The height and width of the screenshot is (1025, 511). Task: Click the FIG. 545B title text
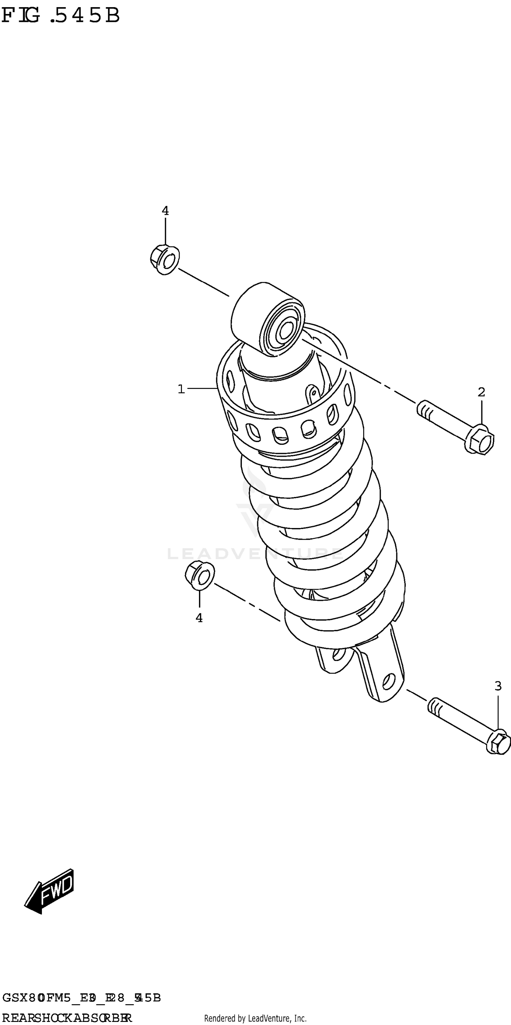[x=60, y=16]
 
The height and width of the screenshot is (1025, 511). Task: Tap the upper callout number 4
[x=165, y=211]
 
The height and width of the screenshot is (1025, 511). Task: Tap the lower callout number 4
[x=199, y=618]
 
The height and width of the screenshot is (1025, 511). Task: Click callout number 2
[x=481, y=392]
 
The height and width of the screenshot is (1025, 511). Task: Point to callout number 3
[x=498, y=686]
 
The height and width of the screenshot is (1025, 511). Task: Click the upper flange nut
[x=165, y=260]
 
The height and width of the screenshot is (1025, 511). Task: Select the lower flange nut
[x=200, y=575]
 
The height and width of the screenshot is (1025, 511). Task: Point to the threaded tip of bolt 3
[x=435, y=707]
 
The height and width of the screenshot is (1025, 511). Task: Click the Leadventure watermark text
[x=254, y=554]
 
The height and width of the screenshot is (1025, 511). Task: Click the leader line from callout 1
[x=202, y=388]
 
